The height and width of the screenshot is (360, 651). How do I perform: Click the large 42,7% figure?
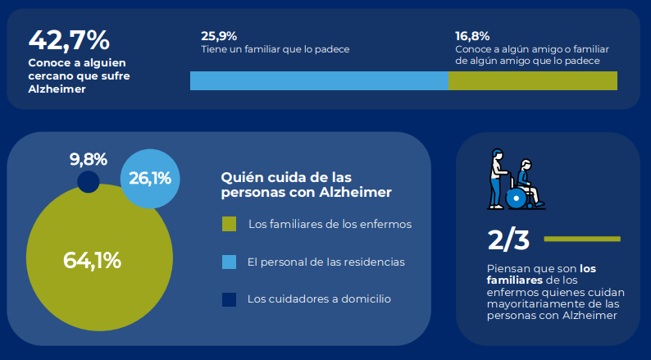(69, 39)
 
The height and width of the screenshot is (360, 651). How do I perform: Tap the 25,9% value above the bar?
(219, 35)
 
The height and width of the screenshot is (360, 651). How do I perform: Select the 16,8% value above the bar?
(472, 35)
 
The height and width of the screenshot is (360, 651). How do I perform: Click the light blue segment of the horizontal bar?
(319, 80)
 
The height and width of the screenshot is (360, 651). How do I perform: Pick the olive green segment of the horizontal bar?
(532, 80)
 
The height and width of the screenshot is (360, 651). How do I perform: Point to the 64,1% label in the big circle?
(93, 261)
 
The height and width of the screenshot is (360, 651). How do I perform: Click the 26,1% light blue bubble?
(150, 178)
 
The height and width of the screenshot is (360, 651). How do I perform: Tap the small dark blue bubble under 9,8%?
(88, 182)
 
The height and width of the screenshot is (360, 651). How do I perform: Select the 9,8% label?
(89, 159)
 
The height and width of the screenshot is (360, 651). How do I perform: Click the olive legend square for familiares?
(230, 224)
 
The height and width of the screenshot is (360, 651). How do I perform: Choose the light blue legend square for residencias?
(230, 262)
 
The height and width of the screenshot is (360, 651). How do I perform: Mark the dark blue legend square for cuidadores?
(230, 299)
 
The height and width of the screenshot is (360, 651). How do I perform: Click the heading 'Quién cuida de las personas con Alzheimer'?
(306, 185)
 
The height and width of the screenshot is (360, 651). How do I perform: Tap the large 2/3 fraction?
(508, 239)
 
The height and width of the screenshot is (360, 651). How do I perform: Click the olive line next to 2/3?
(581, 239)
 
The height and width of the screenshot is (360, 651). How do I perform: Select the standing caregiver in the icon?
(496, 176)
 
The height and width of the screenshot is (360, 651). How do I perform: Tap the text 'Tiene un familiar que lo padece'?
(275, 49)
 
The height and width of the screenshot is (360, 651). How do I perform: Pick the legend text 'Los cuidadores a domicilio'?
(319, 299)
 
